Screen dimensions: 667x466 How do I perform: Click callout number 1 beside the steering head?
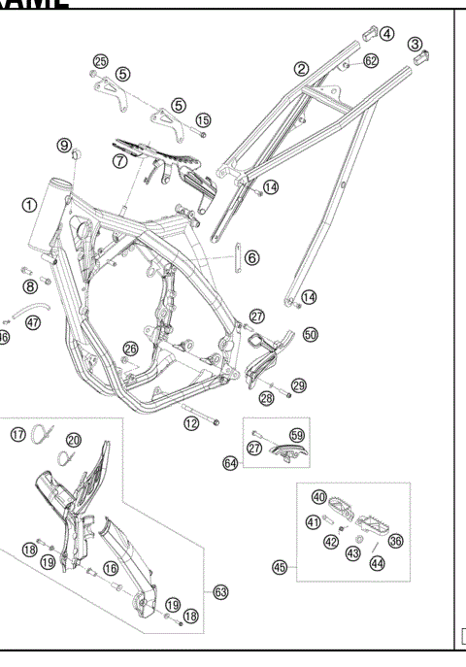click(x=30, y=206)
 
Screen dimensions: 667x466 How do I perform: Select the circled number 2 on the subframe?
click(x=302, y=68)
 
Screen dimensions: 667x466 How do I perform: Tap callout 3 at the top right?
click(x=416, y=44)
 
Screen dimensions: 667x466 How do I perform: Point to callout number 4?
click(x=386, y=33)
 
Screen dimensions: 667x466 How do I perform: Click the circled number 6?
click(x=251, y=258)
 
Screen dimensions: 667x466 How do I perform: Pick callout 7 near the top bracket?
click(x=119, y=161)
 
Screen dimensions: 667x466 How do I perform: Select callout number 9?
click(x=65, y=146)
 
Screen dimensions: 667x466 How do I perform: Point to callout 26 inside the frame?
click(x=130, y=349)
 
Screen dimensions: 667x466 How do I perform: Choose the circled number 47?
click(x=34, y=322)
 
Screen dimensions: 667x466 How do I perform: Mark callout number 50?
click(x=311, y=334)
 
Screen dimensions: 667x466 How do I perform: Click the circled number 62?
click(x=371, y=61)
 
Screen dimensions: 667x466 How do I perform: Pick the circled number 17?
click(x=17, y=434)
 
